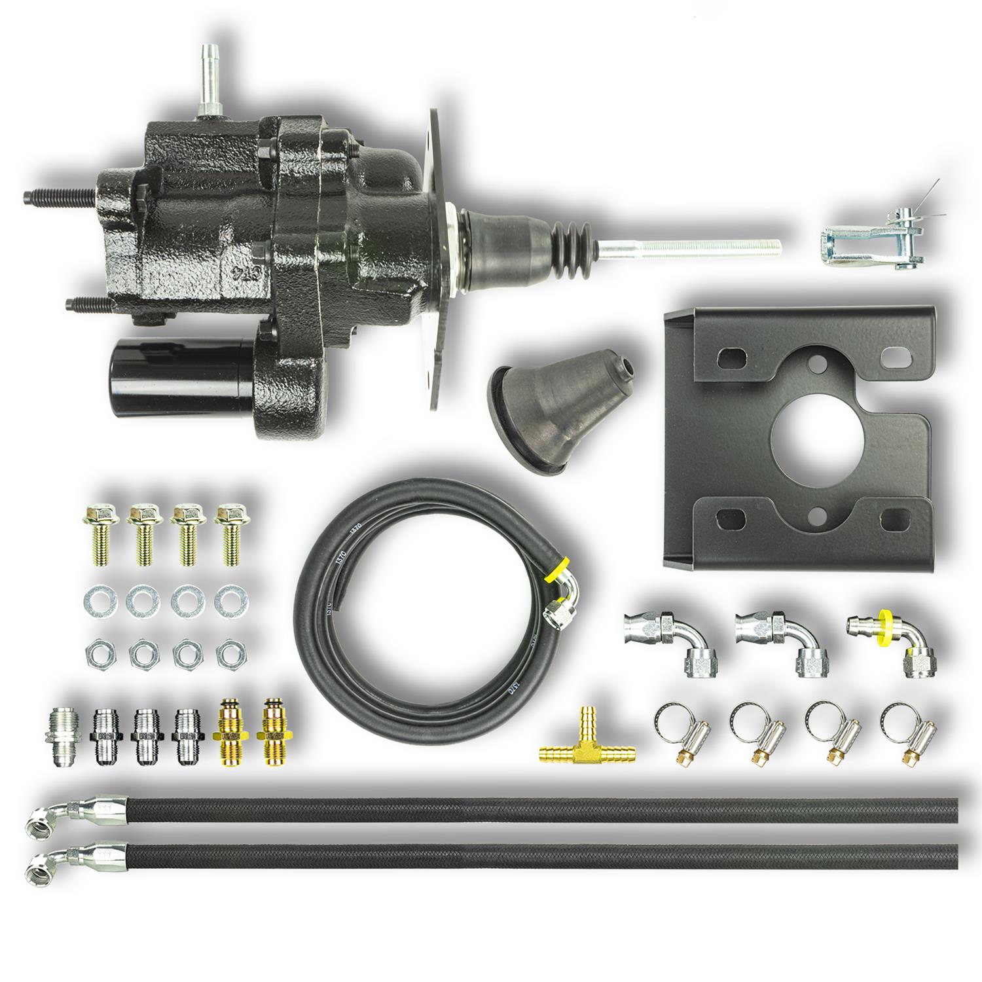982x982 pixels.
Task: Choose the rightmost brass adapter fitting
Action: point(272,731)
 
